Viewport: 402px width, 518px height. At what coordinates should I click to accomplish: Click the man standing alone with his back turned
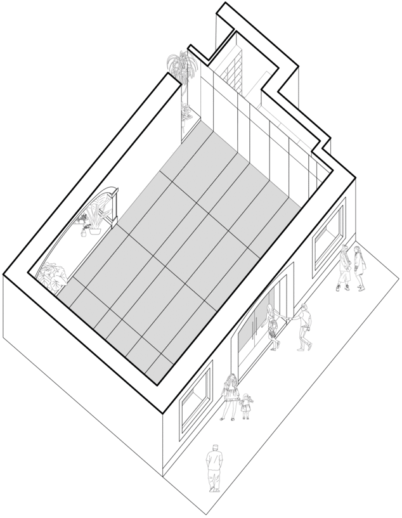pyautogui.click(x=215, y=468)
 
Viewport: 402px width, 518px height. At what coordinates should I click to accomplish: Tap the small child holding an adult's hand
pyautogui.click(x=246, y=406)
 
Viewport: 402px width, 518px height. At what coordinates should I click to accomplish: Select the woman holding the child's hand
pyautogui.click(x=230, y=396)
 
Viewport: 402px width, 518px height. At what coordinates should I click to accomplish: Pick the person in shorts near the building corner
pyautogui.click(x=344, y=268)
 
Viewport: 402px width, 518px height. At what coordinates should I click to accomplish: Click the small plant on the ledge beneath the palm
pyautogui.click(x=186, y=113)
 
